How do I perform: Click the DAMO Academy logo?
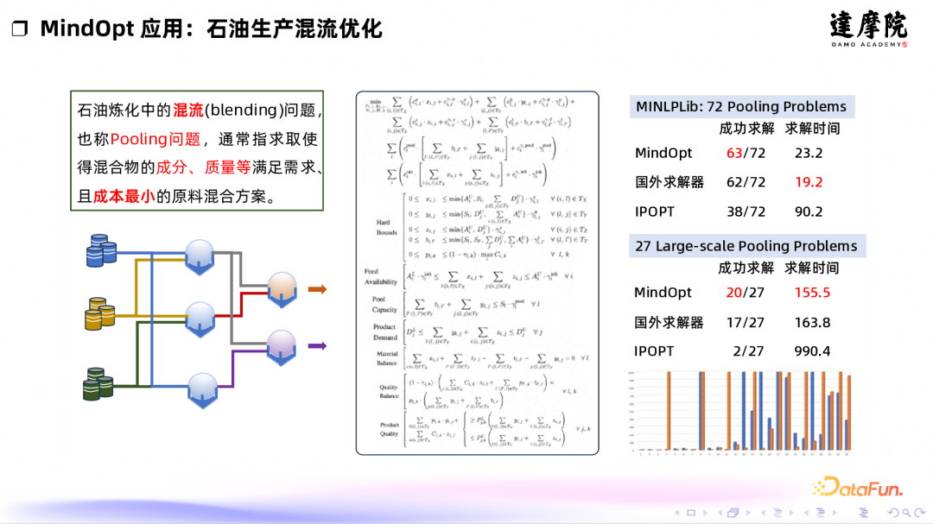[868, 29]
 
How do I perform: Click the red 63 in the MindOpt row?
[734, 154]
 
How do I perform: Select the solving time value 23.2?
[809, 154]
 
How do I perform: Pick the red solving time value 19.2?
[809, 182]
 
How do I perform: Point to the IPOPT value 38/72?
[746, 211]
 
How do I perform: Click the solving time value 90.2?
[809, 211]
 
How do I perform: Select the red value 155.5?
[812, 293]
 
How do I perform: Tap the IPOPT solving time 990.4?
[812, 351]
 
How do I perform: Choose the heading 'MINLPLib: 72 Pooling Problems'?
[741, 107]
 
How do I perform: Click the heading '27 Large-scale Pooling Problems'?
[746, 246]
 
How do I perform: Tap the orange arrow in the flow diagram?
[317, 289]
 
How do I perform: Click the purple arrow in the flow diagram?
[317, 346]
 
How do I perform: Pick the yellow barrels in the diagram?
[101, 316]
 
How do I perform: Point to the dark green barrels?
[99, 382]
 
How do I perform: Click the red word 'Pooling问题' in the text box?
[155, 139]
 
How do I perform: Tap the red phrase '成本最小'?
[124, 196]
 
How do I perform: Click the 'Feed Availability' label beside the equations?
[381, 276]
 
